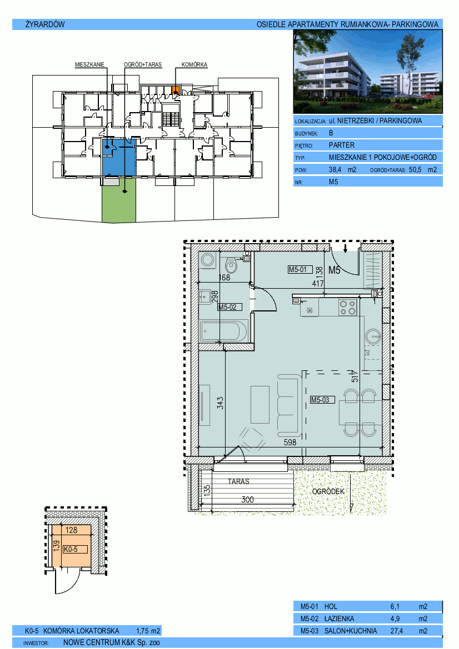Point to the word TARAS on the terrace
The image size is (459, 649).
coord(238,481)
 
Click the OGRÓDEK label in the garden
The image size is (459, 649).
coord(328,491)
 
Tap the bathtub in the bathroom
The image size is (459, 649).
coord(224,331)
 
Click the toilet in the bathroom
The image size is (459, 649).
coord(231,265)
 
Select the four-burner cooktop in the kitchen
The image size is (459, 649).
coord(347,308)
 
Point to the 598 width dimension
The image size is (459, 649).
coord(290,442)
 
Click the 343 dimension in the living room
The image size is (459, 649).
coord(220,403)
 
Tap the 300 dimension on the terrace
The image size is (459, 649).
coord(247,500)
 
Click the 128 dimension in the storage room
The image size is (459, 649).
coord(71,530)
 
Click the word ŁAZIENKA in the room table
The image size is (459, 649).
coord(339,619)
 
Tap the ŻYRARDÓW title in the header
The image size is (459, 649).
coord(45,24)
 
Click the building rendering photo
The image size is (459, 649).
coord(368,72)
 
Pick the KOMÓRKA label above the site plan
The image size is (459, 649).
coord(194,64)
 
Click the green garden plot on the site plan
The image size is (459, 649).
coord(119,200)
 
